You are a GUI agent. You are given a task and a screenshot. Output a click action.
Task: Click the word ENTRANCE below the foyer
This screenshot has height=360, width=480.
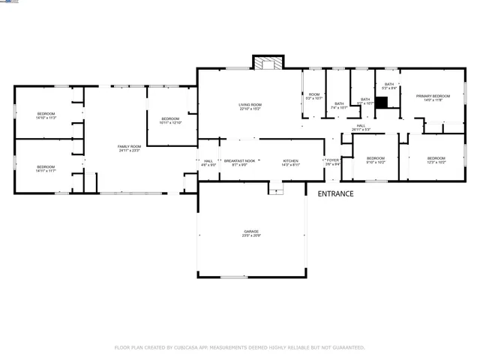pyautogui.click(x=335, y=194)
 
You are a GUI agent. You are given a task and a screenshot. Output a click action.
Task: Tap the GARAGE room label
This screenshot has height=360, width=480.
pyautogui.click(x=250, y=231)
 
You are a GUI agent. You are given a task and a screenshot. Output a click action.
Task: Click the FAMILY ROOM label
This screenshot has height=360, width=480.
pyautogui.click(x=129, y=146)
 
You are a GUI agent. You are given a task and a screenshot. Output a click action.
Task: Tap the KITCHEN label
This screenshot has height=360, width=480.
pyautogui.click(x=290, y=160)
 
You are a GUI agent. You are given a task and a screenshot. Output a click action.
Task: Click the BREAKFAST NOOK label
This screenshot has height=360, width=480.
pyautogui.click(x=239, y=160)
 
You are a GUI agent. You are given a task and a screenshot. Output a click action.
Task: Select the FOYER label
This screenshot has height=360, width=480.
pyautogui.click(x=333, y=160)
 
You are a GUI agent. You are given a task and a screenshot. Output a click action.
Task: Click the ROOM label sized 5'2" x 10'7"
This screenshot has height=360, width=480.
pyautogui.click(x=314, y=94)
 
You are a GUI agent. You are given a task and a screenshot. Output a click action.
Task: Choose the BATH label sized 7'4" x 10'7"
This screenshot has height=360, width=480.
pyautogui.click(x=339, y=103)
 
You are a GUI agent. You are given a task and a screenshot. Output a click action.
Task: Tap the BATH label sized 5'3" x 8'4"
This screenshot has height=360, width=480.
pyautogui.click(x=389, y=84)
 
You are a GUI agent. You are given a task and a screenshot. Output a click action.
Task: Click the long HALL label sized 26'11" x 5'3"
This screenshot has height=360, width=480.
pyautogui.click(x=361, y=125)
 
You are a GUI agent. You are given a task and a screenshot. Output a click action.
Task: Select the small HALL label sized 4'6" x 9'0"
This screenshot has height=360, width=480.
pyautogui.click(x=208, y=160)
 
